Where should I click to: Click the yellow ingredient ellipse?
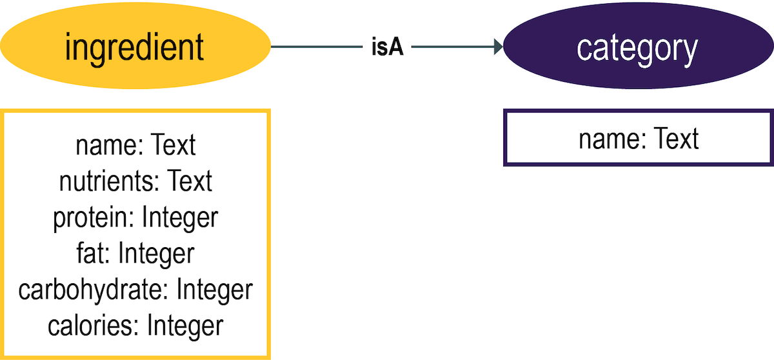tap(134, 46)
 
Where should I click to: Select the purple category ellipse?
tap(637, 46)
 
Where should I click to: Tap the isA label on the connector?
tap(387, 47)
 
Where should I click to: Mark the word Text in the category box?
tap(677, 139)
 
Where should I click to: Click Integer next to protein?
tap(180, 218)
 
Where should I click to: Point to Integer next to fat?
tap(155, 254)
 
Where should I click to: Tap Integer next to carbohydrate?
tap(214, 290)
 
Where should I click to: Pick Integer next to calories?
tap(185, 325)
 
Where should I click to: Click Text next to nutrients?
tap(190, 182)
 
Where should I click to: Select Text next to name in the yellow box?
tap(174, 146)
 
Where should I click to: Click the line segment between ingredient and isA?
tap(316, 46)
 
